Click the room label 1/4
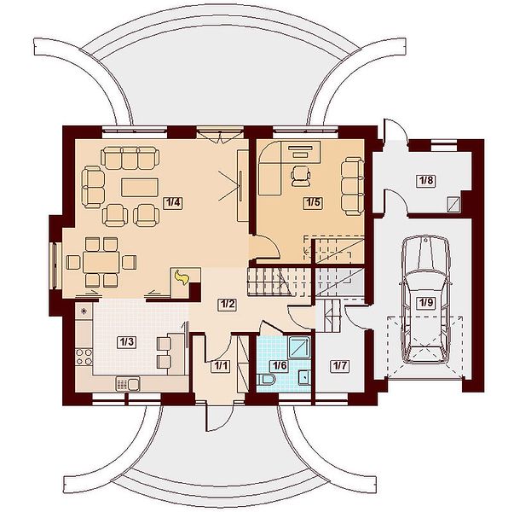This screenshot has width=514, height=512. (173, 202)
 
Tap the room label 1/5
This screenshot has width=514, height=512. (312, 202)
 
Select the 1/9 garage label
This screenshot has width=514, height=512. (426, 303)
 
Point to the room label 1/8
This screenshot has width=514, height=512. (426, 181)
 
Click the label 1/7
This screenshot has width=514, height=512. (340, 365)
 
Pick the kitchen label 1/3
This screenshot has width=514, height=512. (126, 342)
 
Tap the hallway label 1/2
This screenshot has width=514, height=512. (228, 305)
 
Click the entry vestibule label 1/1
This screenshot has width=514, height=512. (221, 365)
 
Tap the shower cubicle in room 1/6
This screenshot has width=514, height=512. (299, 347)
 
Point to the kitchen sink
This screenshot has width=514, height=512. (128, 384)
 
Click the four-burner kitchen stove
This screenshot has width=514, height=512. (84, 357)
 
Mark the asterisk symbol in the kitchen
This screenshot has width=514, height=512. (84, 311)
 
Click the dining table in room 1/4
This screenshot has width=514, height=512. (101, 262)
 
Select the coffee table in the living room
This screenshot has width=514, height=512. (140, 188)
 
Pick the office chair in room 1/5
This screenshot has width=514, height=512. (301, 176)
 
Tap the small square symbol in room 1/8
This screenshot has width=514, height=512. (453, 204)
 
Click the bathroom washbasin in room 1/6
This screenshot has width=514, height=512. (304, 377)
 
